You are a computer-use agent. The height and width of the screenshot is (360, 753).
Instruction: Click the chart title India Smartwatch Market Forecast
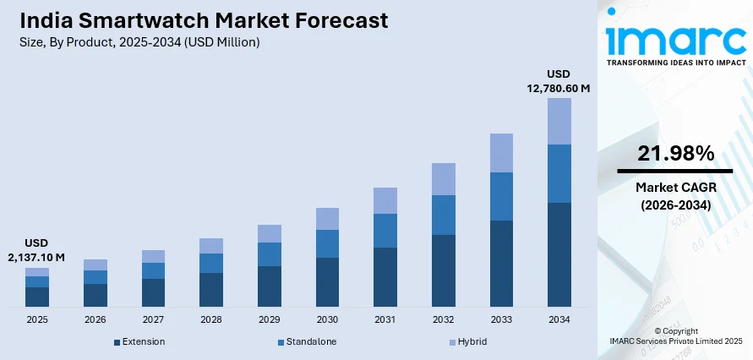204,20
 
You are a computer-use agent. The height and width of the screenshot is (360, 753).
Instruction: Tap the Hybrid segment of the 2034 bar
559,121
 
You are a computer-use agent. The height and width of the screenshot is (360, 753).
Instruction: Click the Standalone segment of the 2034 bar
559,173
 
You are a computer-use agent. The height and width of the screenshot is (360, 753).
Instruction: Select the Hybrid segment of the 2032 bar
443,179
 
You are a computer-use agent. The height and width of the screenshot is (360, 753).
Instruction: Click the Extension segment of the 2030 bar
327,281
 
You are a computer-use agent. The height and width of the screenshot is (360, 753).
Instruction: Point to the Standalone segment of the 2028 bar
211,263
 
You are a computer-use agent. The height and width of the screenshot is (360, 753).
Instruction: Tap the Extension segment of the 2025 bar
37,297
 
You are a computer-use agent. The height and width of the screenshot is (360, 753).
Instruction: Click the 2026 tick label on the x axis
95,320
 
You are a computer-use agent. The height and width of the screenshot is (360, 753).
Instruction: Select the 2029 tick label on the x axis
270,320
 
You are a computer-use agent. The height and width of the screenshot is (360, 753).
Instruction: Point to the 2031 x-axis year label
385,320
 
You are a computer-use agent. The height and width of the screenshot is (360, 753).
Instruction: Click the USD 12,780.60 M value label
559,80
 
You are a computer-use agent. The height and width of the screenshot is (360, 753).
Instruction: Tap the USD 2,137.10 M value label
37,250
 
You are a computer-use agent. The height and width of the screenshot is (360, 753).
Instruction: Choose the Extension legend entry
139,341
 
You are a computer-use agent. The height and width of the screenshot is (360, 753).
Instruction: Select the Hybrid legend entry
468,341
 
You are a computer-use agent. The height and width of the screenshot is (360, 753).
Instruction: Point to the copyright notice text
676,335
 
